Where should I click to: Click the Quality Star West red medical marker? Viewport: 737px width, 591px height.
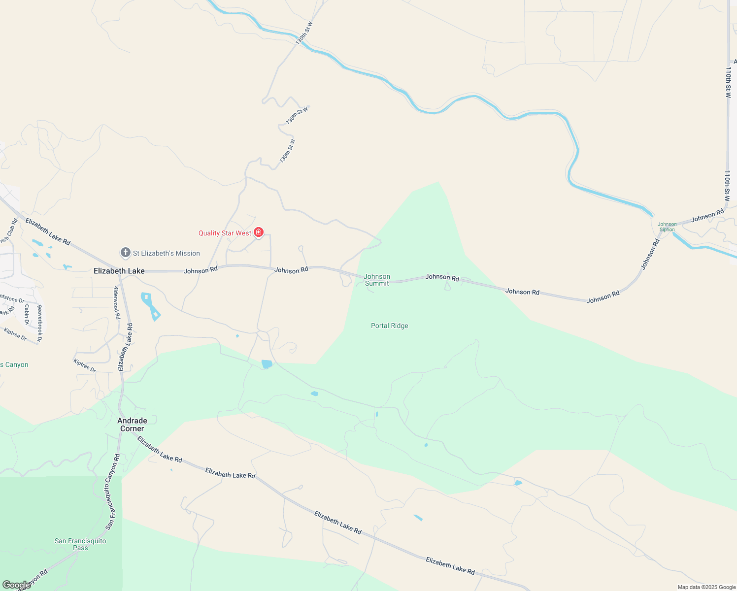tap(259, 232)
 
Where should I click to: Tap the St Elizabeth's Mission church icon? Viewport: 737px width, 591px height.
tap(126, 253)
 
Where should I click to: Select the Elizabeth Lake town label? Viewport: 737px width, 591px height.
tap(119, 271)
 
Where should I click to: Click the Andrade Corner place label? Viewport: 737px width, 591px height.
tap(132, 425)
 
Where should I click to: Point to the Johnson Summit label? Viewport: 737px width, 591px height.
tap(377, 280)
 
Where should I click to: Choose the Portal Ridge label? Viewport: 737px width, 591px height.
tap(389, 326)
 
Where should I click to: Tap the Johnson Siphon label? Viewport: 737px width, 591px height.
tap(667, 227)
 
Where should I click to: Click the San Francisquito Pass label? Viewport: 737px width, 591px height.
tap(80, 544)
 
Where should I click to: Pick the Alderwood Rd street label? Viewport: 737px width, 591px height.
tap(117, 302)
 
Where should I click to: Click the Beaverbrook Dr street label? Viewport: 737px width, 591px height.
tap(40, 323)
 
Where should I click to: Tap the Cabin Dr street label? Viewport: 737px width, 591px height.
tap(27, 314)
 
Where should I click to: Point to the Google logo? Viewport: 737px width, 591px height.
tap(16, 585)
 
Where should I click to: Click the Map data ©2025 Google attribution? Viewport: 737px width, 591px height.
tap(706, 587)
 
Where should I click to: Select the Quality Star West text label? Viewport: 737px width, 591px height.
tap(225, 233)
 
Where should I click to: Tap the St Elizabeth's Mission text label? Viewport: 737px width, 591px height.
tap(167, 253)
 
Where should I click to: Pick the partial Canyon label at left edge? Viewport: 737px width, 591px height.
tap(14, 365)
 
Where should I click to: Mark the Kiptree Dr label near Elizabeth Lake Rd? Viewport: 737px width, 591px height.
tap(85, 366)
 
